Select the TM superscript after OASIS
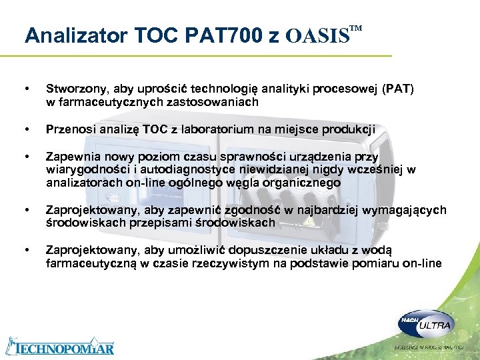pos(356,28)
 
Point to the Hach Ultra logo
pos(426,325)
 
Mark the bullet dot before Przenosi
pos(26,129)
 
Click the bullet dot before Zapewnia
pos(26,157)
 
